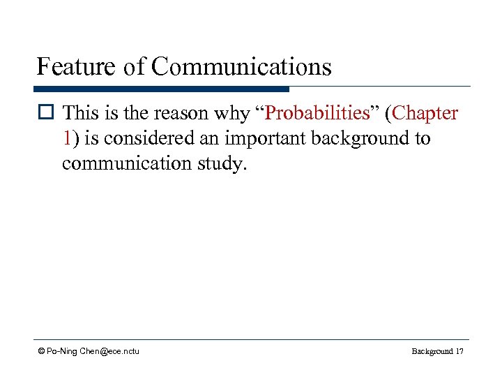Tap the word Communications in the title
coord(241,67)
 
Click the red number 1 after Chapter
coord(66,138)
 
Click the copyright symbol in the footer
coord(41,350)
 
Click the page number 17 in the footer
coord(458,351)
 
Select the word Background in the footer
coord(432,351)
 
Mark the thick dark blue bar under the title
coord(161,89)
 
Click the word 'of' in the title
coord(136,67)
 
